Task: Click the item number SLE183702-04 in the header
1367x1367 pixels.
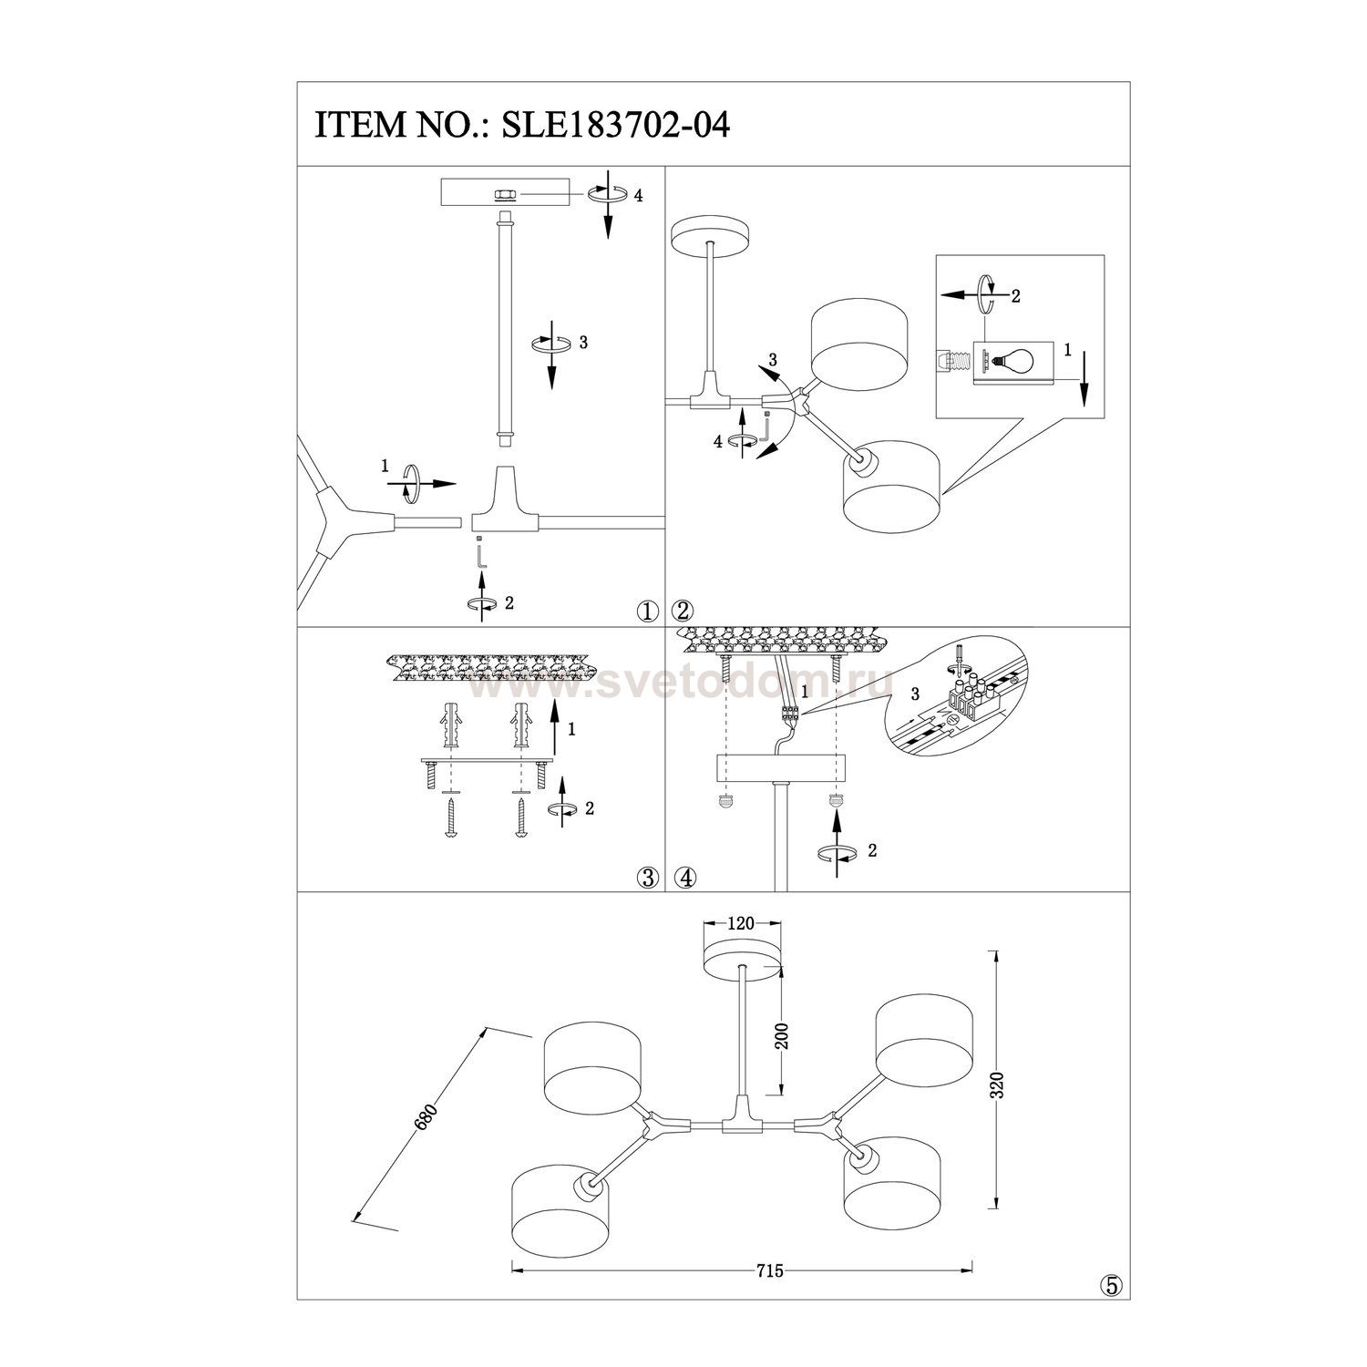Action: pos(612,126)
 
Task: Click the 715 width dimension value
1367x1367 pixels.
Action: pos(770,1271)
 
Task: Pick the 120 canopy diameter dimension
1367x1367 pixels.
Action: pos(742,923)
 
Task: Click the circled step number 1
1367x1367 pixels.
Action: pos(648,612)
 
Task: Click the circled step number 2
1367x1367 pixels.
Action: pos(683,612)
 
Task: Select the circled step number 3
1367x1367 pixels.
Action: pos(648,878)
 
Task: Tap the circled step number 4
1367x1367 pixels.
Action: pos(685,878)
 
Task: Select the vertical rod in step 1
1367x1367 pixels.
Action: pos(502,329)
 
